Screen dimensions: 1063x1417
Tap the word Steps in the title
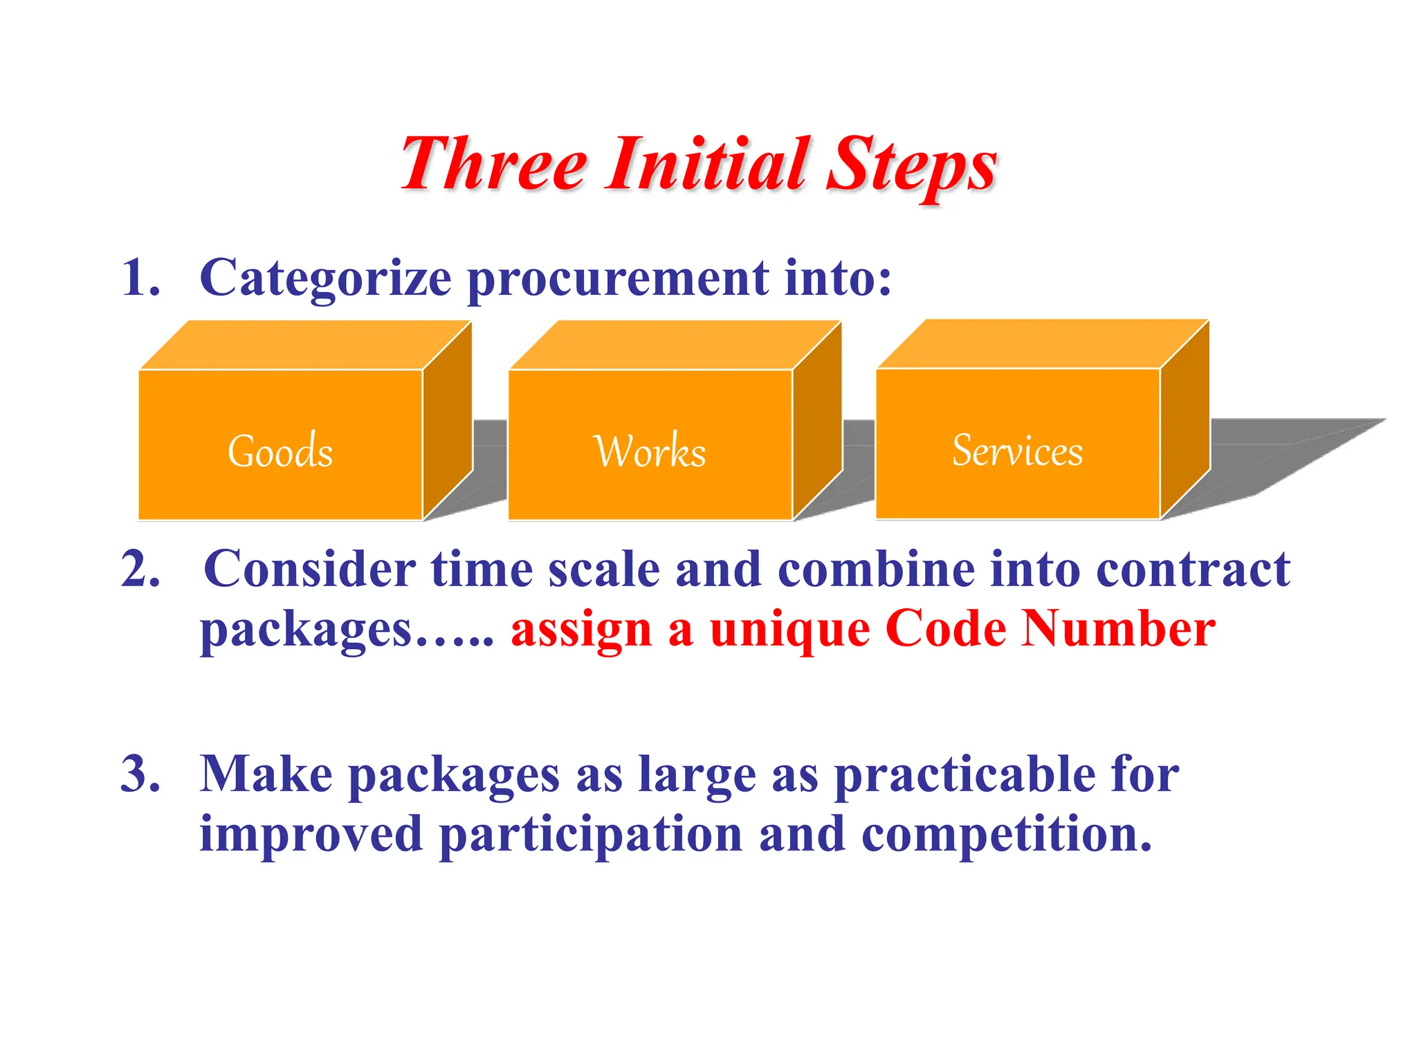point(911,166)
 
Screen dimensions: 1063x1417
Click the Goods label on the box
point(280,451)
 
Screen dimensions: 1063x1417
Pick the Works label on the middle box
point(650,451)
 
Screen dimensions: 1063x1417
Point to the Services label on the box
point(1017,451)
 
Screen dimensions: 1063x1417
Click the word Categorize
point(325,278)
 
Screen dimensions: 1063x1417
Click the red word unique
point(789,630)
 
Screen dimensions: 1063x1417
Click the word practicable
point(965,775)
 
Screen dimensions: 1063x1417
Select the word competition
point(1006,834)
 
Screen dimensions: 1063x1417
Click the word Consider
point(309,570)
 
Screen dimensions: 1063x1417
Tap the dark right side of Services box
point(1185,422)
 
